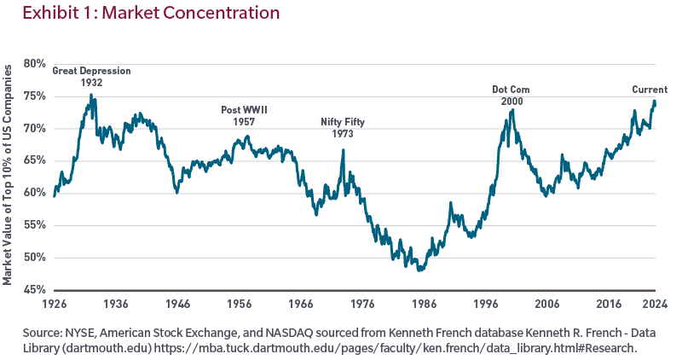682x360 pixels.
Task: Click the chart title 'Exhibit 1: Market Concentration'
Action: (x=140, y=14)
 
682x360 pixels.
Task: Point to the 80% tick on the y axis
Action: (x=34, y=64)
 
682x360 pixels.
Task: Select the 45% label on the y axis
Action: (x=34, y=289)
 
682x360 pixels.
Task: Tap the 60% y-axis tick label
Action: (x=34, y=193)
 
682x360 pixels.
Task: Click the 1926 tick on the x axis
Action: (x=55, y=304)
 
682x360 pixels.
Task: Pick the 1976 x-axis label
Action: (x=362, y=304)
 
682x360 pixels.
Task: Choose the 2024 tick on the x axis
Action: (x=655, y=304)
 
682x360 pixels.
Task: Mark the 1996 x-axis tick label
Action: (x=485, y=304)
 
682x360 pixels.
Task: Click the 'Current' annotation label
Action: (x=650, y=90)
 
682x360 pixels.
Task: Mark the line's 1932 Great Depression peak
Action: (x=91, y=96)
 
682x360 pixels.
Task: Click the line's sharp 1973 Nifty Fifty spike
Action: (x=343, y=150)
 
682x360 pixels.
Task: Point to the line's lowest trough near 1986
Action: (x=420, y=270)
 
